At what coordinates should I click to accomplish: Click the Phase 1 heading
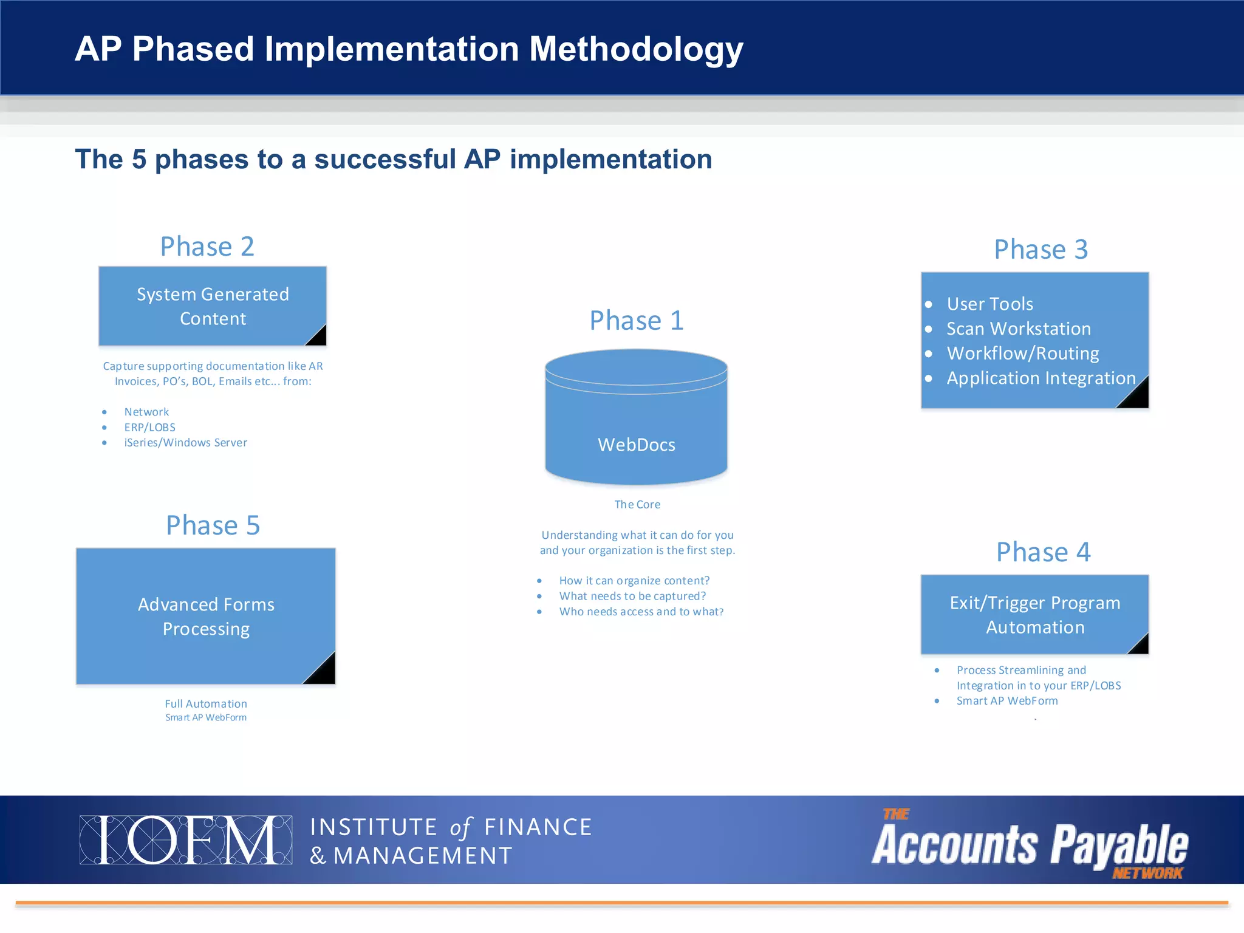point(637,320)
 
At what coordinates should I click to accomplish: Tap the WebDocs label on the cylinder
point(636,445)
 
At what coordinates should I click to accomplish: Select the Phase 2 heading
point(207,247)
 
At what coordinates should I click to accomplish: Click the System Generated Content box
point(213,306)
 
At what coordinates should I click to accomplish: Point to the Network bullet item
point(146,412)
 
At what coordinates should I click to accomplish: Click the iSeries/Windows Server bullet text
point(185,443)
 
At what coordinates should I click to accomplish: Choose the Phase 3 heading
point(1041,250)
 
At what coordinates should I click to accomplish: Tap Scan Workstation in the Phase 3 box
point(1019,329)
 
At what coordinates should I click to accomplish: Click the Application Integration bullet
point(1041,378)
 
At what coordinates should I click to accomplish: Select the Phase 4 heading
point(1043,552)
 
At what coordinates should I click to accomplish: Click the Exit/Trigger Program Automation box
point(1034,615)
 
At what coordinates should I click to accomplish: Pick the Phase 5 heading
point(213,525)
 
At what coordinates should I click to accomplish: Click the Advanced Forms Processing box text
point(206,617)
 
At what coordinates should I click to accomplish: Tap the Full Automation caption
point(206,703)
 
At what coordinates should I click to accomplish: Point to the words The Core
point(637,504)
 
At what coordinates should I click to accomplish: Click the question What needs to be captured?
point(632,596)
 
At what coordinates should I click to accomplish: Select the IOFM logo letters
point(185,840)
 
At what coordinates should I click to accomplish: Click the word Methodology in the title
point(636,49)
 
